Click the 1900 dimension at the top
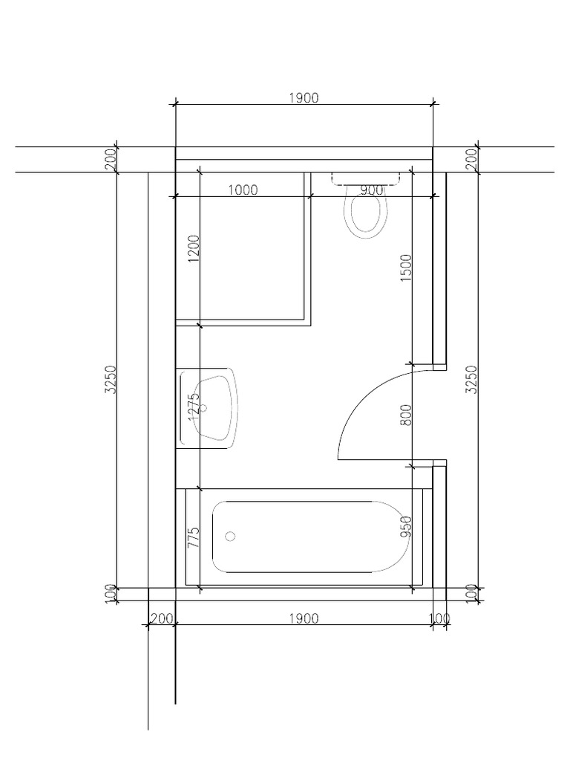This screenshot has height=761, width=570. click(304, 97)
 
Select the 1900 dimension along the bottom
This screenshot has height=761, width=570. click(304, 618)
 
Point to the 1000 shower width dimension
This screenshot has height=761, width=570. click(242, 190)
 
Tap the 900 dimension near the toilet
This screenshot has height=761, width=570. click(371, 190)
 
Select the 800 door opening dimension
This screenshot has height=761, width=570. click(406, 414)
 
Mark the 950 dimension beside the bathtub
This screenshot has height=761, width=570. click(406, 526)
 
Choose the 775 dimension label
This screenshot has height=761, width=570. click(194, 537)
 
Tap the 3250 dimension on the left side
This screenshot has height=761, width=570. click(110, 379)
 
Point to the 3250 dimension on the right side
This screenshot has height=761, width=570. click(471, 379)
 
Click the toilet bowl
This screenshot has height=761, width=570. click(365, 216)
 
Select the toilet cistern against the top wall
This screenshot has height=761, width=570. click(366, 177)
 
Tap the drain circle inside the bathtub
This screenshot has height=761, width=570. click(230, 536)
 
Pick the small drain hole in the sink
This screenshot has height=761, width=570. click(207, 407)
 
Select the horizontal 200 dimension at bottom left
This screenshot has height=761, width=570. click(161, 618)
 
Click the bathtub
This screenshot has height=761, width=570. click(312, 537)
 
